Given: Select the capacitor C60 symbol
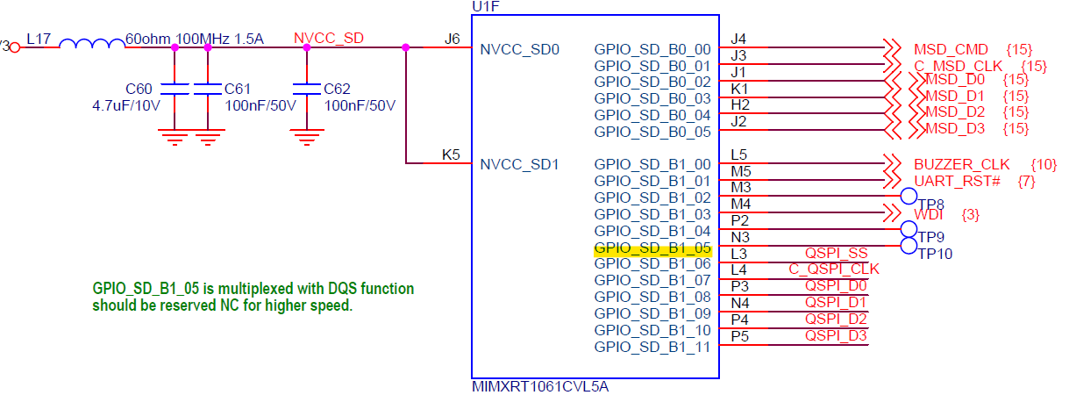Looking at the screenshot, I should (175, 89).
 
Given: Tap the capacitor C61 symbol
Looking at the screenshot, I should (207, 89).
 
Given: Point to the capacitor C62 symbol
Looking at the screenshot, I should (306, 89).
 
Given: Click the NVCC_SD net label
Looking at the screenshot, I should (329, 39).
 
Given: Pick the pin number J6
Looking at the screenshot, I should (453, 39).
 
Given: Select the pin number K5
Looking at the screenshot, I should (452, 155).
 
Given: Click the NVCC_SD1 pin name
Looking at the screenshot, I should (520, 164).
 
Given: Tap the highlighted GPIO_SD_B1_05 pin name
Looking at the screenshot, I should (652, 248).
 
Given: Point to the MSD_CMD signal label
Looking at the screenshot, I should (951, 49).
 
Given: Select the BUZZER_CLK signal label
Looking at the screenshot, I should (961, 164).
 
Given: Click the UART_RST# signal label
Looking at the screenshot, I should (957, 181).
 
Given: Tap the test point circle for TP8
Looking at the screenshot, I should (909, 197).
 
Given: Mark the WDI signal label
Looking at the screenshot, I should (929, 214).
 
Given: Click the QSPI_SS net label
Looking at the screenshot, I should (836, 253).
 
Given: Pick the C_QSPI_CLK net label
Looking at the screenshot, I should (834, 269).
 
